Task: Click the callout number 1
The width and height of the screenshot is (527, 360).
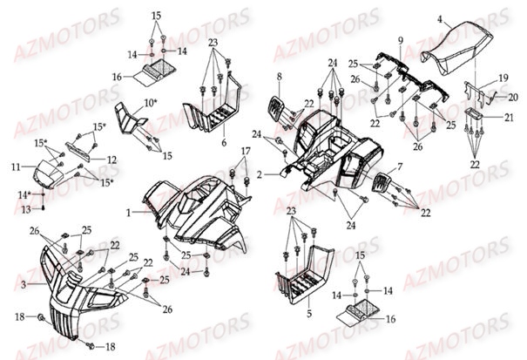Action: pyautogui.click(x=129, y=212)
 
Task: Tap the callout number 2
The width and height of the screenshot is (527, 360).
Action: pyautogui.click(x=259, y=175)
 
